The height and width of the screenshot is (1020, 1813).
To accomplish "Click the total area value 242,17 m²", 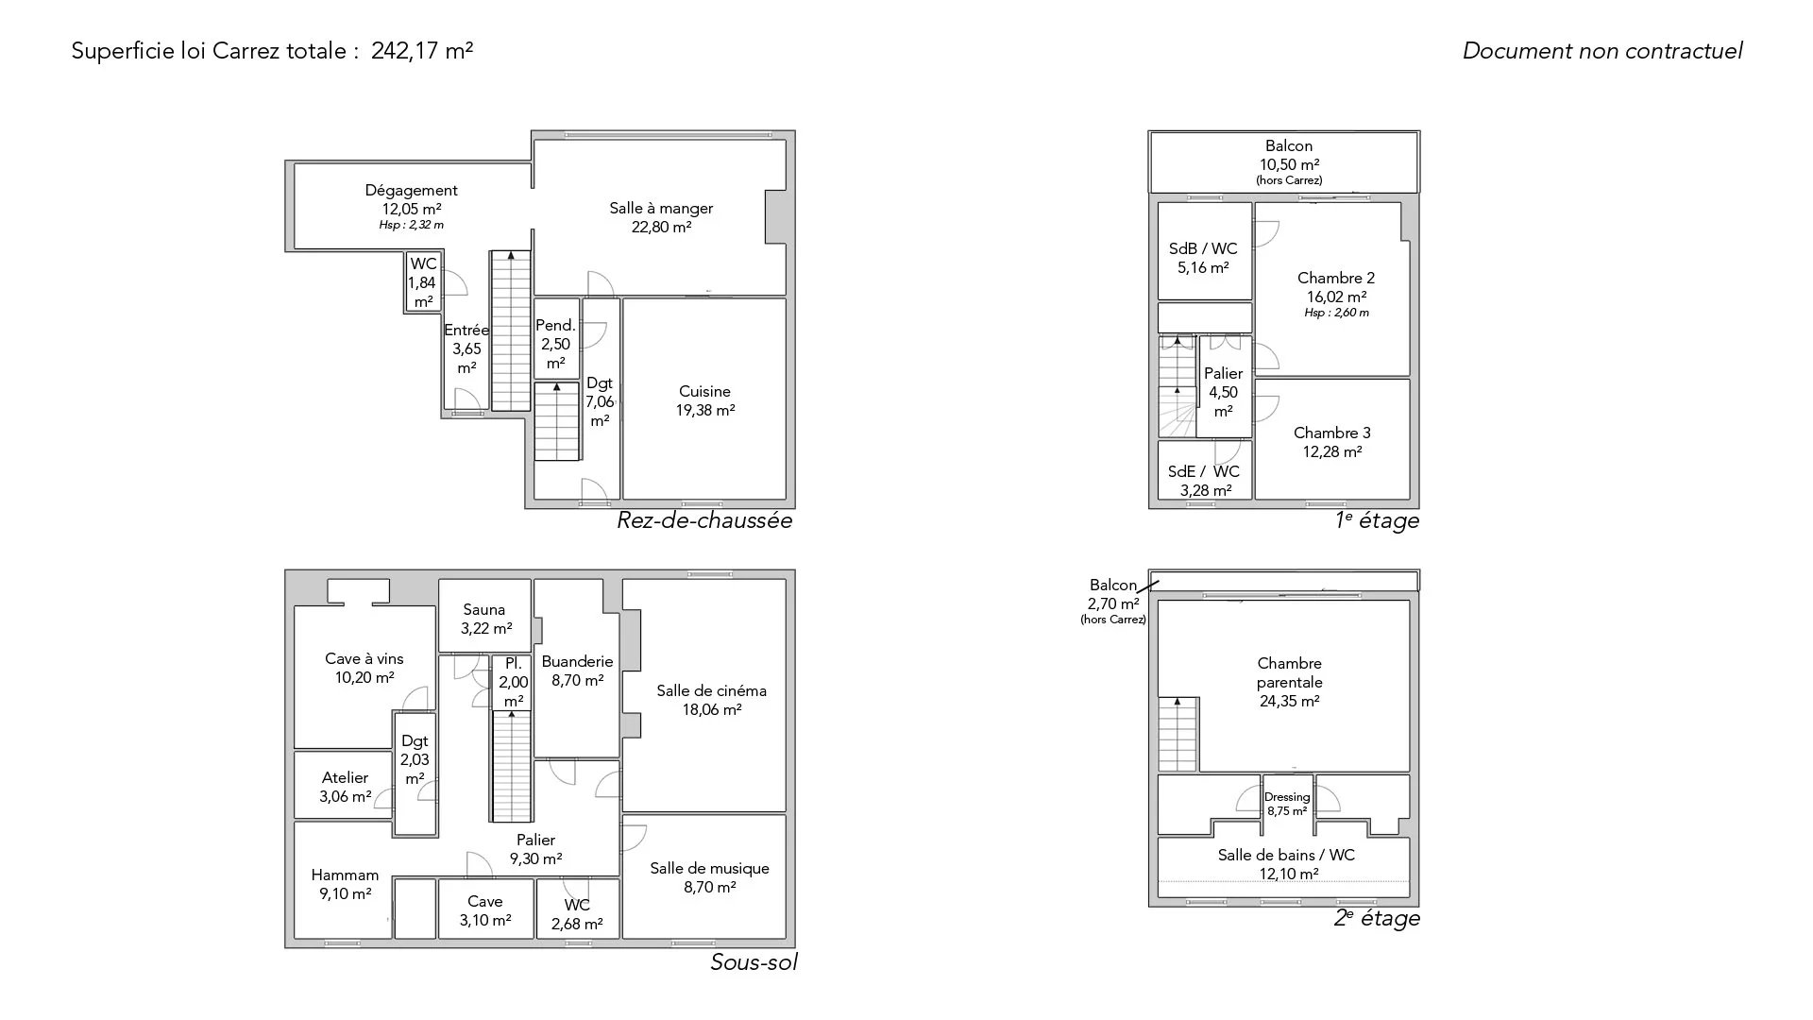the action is coord(422,50).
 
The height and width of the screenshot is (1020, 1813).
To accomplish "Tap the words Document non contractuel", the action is coord(1602,51).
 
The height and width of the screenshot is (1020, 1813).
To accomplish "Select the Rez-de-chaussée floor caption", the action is coord(704,520).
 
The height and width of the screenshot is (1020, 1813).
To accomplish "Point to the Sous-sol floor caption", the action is coord(754,962).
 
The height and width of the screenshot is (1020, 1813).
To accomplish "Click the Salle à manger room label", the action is coord(661,208).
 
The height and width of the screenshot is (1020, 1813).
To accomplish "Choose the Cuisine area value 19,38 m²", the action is coord(705,410).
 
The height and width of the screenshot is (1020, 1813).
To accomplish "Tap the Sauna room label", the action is coord(483,609).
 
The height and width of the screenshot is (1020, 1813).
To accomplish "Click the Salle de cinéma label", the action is coord(712,690).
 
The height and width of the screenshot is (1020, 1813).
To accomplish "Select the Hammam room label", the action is coord(345,875).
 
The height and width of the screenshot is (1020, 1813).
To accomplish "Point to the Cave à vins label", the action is coord(364,658).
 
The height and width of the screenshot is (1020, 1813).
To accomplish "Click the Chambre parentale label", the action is coord(1290,672).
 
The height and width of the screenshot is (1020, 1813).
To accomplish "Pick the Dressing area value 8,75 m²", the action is coord(1287,811).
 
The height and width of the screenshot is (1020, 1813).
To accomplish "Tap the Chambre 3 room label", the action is coord(1332,433).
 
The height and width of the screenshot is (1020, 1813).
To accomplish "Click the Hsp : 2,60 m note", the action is coord(1336,313).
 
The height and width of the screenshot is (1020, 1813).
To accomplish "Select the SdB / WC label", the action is coord(1203,248).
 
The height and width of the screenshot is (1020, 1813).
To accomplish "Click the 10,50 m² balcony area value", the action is coord(1289,164).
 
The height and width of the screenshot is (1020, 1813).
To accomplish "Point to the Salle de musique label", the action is coord(709,868).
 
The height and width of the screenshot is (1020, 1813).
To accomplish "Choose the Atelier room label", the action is coord(345,777).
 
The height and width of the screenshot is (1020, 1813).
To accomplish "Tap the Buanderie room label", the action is coord(577,661).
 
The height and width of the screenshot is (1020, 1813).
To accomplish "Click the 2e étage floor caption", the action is coord(1377,918).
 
